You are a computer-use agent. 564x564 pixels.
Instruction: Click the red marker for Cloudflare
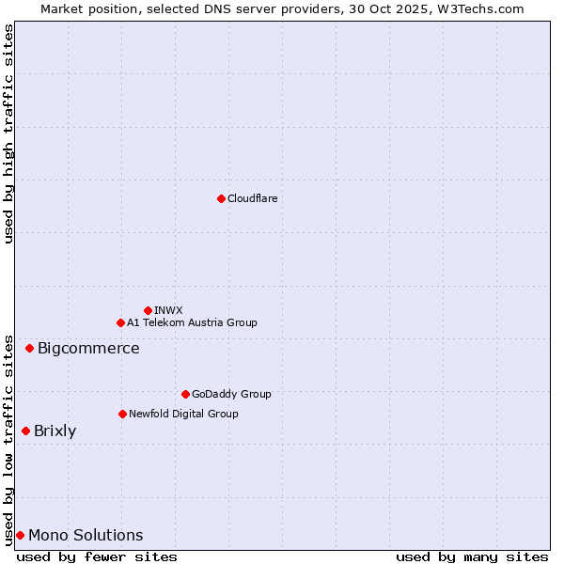(x=221, y=198)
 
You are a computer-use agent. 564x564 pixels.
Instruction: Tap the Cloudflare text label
(x=253, y=198)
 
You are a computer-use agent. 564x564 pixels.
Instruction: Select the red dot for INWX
(x=148, y=310)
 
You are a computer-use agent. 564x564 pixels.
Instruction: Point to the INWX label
(x=168, y=310)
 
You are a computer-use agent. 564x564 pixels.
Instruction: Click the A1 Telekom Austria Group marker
(x=120, y=322)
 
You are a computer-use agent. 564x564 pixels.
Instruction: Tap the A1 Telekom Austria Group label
(x=192, y=322)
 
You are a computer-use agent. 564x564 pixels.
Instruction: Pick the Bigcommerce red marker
(x=29, y=348)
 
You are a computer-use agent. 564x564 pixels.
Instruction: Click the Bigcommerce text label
(x=88, y=349)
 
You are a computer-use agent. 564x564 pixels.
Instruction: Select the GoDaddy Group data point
(x=185, y=394)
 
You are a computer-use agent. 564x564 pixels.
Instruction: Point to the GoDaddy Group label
(x=231, y=394)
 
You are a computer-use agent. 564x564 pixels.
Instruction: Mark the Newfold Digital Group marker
(x=122, y=414)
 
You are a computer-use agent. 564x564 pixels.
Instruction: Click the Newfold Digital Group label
(x=183, y=414)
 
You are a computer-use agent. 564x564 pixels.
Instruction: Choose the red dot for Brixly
(x=25, y=431)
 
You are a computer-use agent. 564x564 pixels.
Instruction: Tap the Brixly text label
(x=55, y=431)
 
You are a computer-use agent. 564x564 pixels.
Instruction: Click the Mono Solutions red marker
(x=20, y=535)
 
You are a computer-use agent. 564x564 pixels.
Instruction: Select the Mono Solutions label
(x=86, y=536)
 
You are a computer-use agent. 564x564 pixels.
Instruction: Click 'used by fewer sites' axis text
(x=97, y=556)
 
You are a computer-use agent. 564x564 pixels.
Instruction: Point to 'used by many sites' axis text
(x=472, y=556)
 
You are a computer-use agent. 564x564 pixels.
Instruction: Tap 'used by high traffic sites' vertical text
(x=8, y=133)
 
